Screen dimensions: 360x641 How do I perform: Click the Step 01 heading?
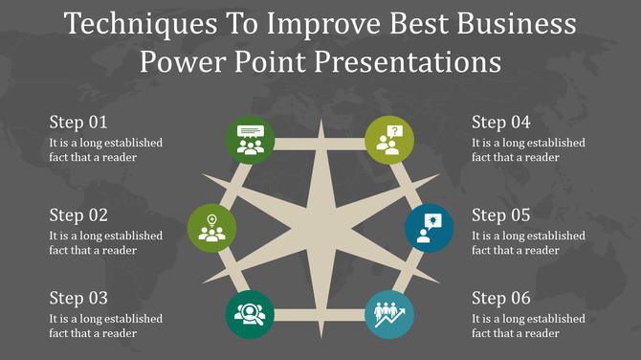(x=78, y=123)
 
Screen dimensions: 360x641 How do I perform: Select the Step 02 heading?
(x=78, y=215)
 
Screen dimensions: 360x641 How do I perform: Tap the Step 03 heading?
(x=78, y=298)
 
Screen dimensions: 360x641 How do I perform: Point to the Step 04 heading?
(x=501, y=123)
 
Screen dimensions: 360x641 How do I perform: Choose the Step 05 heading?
(x=501, y=215)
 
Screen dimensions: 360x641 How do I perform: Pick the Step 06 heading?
(x=501, y=298)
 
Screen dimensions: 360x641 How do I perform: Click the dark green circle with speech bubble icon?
(x=251, y=140)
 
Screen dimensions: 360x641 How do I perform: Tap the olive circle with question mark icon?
(x=389, y=140)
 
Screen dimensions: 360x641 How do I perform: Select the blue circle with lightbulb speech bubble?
(x=429, y=226)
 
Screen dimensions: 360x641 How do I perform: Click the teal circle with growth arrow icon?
(x=389, y=314)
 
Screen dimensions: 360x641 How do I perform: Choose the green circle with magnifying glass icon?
(x=251, y=314)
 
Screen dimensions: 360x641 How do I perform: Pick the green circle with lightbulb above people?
(x=211, y=226)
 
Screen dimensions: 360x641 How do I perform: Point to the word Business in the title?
(x=518, y=24)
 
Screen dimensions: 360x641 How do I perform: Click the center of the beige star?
(x=320, y=227)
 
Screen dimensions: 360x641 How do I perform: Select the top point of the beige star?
(x=320, y=123)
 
